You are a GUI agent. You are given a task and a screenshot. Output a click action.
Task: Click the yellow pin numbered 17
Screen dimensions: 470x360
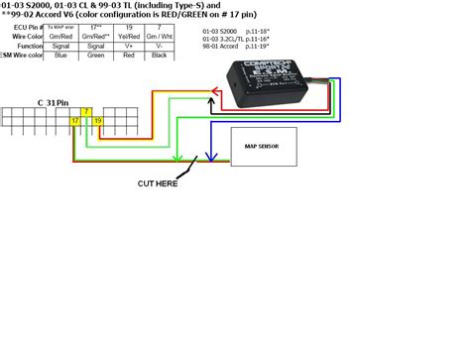pos(75,120)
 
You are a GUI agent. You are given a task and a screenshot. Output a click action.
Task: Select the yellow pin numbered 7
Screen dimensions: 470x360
pos(87,110)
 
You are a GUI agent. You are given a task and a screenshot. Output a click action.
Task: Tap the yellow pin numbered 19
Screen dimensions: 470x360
pos(98,120)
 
